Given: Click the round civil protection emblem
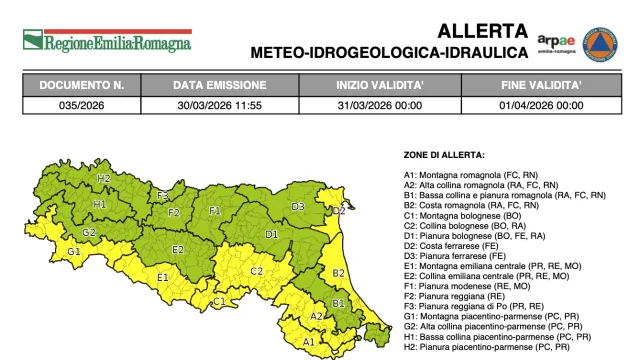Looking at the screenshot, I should click(600, 41).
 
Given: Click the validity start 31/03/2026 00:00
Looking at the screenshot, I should click(378, 104).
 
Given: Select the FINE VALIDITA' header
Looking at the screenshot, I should click(541, 86).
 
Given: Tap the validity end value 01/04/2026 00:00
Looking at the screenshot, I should click(541, 104).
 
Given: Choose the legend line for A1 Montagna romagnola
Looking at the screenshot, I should click(482, 175).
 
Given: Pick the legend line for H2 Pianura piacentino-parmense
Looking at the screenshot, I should click(486, 346).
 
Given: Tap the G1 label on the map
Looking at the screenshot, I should click(73, 250).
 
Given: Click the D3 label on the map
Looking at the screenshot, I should click(297, 206).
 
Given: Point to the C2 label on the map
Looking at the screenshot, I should click(256, 270).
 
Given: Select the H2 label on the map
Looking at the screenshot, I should click(103, 178).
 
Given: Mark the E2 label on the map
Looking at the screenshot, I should click(178, 248).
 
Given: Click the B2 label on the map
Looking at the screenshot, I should click(338, 271).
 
